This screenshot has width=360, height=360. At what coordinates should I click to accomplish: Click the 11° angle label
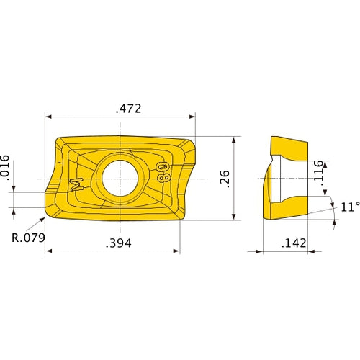tap(349, 207)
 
